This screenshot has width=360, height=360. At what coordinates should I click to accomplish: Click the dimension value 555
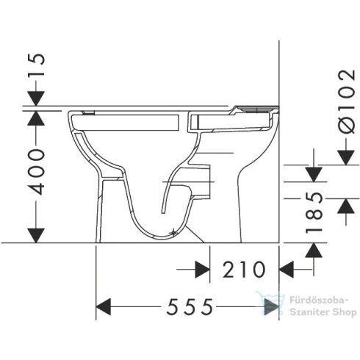pyautogui.click(x=187, y=306)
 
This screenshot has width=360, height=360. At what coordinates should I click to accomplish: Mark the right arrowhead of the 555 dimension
pyautogui.click(x=271, y=306)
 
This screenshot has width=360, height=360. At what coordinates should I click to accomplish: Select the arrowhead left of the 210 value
pyautogui.click(x=201, y=270)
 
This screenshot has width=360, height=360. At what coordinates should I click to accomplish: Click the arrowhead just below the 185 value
pyautogui.click(x=314, y=251)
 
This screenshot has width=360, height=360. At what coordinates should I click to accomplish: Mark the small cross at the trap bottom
pyautogui.click(x=173, y=233)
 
